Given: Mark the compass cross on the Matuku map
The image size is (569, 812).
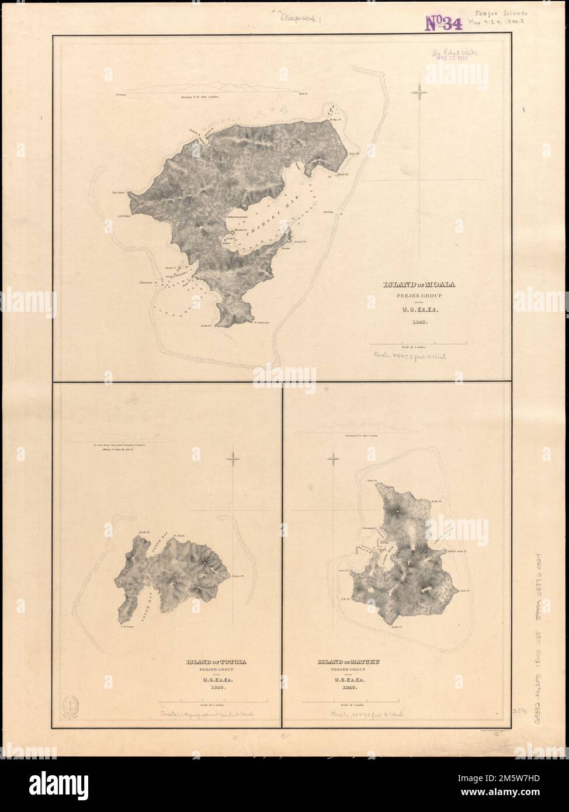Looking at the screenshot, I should [x=334, y=459].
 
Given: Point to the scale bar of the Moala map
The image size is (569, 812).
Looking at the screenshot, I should [x=419, y=342].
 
